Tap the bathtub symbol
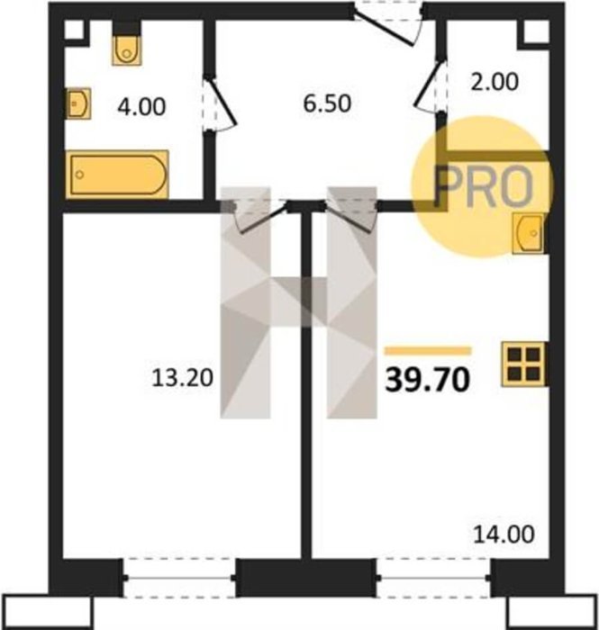click(x=117, y=175)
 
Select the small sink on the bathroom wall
click(x=78, y=103)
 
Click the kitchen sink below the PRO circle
click(x=528, y=233)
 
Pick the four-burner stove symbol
click(x=522, y=364)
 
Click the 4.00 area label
click(x=141, y=107)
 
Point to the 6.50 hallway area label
click(x=327, y=103)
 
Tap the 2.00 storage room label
click(x=495, y=82)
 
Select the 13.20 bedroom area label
click(x=182, y=378)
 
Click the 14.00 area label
click(x=504, y=535)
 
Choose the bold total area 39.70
click(x=427, y=380)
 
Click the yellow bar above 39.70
click(x=428, y=351)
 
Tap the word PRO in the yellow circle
click(x=483, y=186)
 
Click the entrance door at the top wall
click(x=388, y=25)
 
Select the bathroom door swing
click(x=219, y=103)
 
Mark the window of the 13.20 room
click(x=179, y=578)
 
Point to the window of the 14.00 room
click(x=433, y=578)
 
